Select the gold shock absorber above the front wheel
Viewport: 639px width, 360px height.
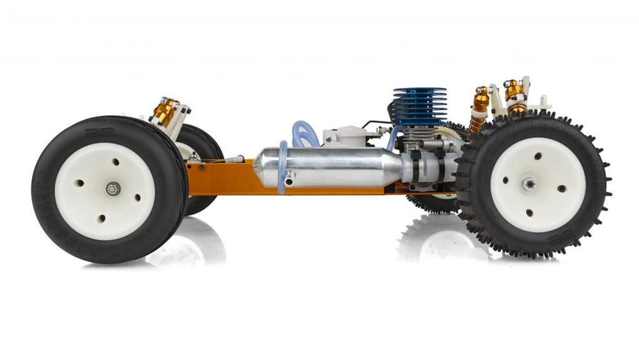pos(165,113)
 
